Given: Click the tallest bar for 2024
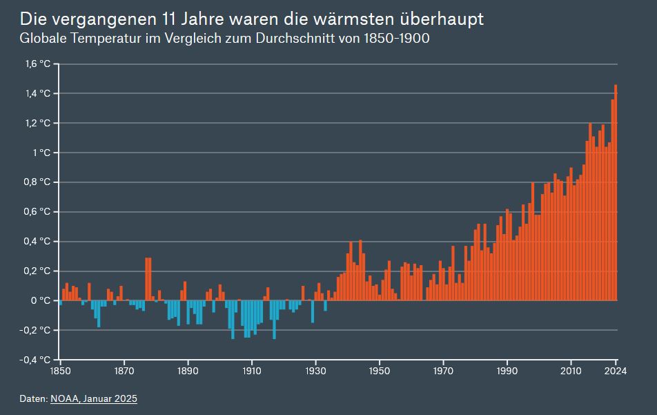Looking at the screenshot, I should click(x=616, y=193).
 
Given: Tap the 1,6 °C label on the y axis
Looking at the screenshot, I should click(x=39, y=64).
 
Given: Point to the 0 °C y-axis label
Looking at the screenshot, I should click(x=41, y=301).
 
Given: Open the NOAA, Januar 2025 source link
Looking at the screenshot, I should click(x=94, y=399).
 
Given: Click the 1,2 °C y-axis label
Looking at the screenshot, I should click(x=39, y=123).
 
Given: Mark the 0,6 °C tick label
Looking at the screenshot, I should click(x=38, y=212).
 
